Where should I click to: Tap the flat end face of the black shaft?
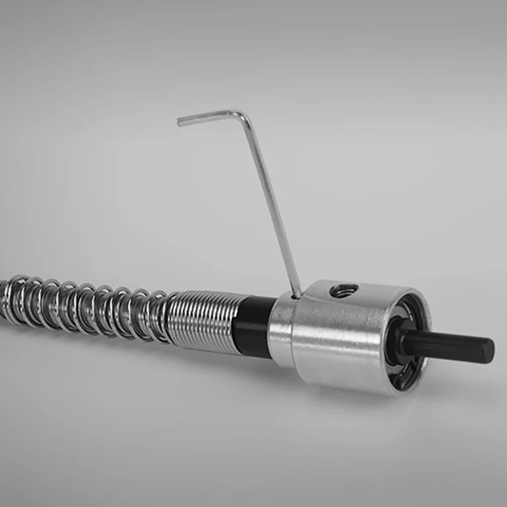click(489, 349)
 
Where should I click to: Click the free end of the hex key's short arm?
click(181, 120)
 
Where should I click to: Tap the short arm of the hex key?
click(209, 116)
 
